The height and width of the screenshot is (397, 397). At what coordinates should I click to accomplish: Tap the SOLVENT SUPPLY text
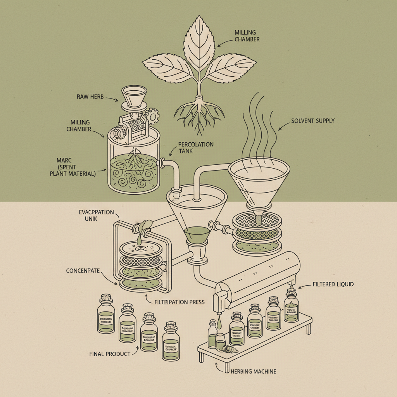[x=312, y=121]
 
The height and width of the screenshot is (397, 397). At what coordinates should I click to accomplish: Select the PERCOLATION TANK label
[x=196, y=147]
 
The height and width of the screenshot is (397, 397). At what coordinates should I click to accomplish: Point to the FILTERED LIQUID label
[x=333, y=284]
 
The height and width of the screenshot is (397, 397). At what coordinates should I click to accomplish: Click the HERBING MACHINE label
[x=253, y=371]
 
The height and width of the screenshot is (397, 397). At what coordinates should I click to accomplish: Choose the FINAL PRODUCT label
[x=110, y=354]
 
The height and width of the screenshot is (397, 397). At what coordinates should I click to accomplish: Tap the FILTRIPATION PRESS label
[x=179, y=302]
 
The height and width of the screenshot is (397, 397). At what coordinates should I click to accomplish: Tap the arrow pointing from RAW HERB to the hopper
[x=112, y=100]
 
